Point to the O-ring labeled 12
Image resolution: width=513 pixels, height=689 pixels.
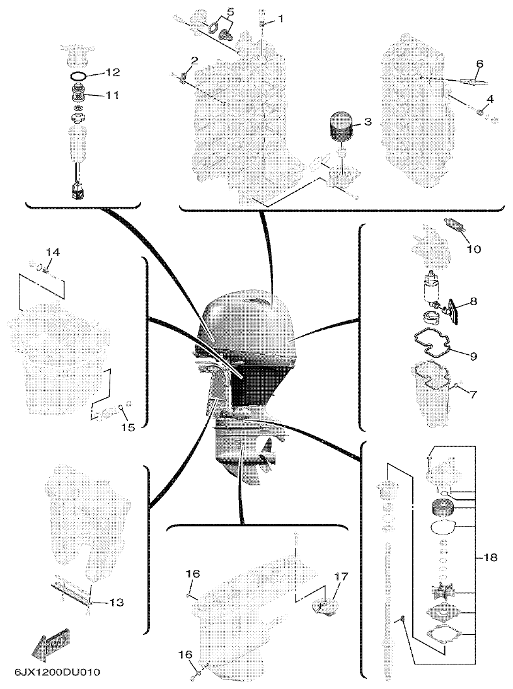(78, 76)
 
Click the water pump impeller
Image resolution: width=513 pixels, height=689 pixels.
(442, 592)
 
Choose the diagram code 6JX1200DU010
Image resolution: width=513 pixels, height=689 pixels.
(54, 671)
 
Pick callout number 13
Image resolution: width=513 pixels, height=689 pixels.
(115, 603)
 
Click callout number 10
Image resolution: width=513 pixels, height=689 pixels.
(473, 249)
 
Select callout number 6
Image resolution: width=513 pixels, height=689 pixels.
(480, 64)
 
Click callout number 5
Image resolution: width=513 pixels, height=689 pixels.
(229, 11)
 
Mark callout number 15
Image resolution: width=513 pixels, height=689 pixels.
(128, 427)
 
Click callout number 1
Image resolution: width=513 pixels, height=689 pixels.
(280, 19)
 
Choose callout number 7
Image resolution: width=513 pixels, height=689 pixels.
(473, 394)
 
